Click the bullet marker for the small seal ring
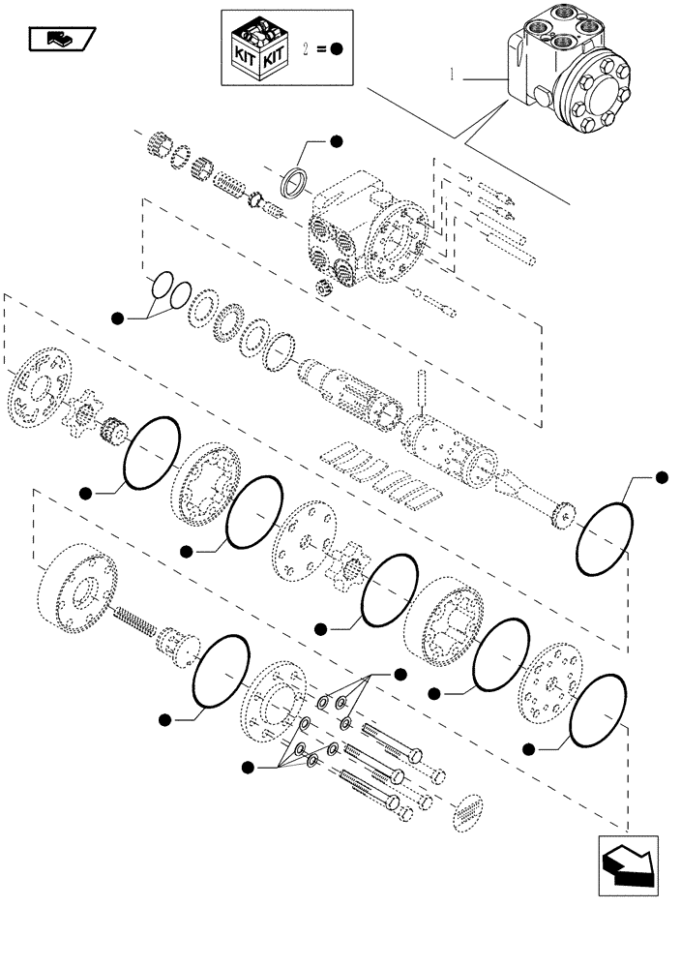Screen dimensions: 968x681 click(336, 142)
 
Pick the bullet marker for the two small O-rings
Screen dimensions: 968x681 click(117, 318)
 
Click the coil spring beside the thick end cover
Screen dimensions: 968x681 click(137, 622)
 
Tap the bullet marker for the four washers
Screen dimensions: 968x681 click(249, 768)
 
